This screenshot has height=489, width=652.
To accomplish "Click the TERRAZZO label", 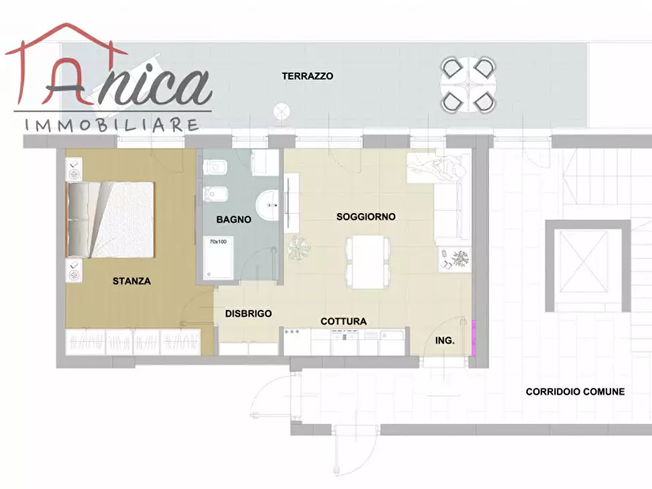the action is (x=307, y=76).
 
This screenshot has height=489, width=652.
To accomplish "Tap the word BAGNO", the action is (x=234, y=220).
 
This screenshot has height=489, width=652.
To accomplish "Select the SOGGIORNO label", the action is (x=366, y=217).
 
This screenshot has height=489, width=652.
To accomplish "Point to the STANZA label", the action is (x=131, y=281).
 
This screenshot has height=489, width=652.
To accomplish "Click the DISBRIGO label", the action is (x=248, y=314).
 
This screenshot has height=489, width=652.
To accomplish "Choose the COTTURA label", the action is (x=343, y=321).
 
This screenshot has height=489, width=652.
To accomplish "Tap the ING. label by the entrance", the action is (x=445, y=341).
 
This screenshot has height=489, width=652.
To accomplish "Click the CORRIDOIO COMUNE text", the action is (x=575, y=392).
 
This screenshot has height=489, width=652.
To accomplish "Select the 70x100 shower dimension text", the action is (x=218, y=242).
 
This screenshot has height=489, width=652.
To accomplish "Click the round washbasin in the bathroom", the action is (x=268, y=205).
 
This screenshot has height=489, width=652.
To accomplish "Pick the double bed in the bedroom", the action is (x=110, y=220).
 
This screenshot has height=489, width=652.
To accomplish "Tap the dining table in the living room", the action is (x=368, y=262).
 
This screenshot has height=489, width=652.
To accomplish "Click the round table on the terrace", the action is (x=468, y=85).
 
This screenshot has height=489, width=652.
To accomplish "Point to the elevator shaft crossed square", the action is (x=584, y=262).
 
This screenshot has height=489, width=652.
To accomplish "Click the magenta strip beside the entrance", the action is (x=473, y=337).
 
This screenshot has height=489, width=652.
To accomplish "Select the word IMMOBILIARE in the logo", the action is (x=112, y=125).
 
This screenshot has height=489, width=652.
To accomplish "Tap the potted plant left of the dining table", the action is (x=299, y=248).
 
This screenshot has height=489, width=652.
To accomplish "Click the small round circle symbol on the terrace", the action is (x=282, y=112).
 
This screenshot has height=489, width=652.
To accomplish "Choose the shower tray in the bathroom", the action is (x=218, y=258).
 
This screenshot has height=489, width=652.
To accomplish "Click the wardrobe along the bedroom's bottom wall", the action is (x=133, y=342).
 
